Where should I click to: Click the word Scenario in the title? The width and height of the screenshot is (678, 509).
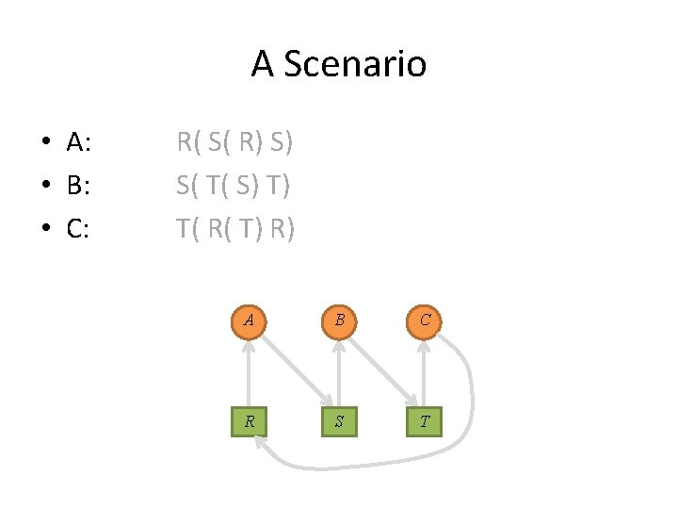point(354,64)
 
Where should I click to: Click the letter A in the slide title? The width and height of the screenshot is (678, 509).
point(262,64)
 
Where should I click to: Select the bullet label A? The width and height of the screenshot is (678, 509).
point(79,143)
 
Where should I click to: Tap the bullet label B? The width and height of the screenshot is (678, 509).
point(79,186)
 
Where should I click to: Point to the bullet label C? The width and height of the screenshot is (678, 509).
point(79,228)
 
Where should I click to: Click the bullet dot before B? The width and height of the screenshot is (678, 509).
point(45,187)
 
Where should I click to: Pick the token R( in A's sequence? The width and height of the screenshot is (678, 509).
point(188,143)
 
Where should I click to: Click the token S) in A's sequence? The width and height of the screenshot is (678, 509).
point(281,143)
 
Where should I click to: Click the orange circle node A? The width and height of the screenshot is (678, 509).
point(249,320)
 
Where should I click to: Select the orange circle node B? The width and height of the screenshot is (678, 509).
point(337,320)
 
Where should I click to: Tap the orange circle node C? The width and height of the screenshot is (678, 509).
point(425,320)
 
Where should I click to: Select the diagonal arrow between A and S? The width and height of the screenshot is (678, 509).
point(293,371)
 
